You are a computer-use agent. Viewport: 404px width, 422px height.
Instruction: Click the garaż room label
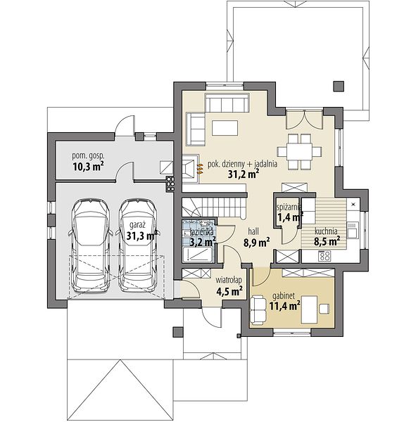pos(137,225)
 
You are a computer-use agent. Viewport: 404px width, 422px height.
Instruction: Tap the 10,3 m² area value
pos(89,167)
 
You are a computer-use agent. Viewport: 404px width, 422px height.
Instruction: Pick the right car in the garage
pos(138,246)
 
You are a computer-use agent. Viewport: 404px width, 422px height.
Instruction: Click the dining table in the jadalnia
pos(299,151)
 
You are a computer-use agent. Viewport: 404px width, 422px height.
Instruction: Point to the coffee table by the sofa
pos(225,128)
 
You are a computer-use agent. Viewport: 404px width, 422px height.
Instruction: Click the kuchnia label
pos(326,231)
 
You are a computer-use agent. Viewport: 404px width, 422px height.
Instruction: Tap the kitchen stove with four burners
pos(324,256)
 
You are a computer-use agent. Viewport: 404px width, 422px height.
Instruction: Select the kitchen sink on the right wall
pos(353,230)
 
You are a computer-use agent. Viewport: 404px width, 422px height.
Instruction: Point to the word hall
pos(253,231)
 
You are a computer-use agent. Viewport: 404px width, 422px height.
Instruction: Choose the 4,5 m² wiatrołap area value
pos(229,291)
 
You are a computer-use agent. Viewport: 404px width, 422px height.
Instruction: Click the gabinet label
pos(284,296)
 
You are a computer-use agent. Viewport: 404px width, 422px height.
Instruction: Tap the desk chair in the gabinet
pos(324,309)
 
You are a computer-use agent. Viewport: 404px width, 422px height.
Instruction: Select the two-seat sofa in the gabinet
pos(258,309)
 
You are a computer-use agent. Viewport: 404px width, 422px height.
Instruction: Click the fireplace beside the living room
pos(191,169)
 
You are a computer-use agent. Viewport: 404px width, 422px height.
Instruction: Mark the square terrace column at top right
pos(339,87)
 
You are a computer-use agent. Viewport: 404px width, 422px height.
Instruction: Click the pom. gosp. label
pos(88,156)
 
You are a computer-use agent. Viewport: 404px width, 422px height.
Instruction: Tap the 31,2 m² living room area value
pos(244,174)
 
